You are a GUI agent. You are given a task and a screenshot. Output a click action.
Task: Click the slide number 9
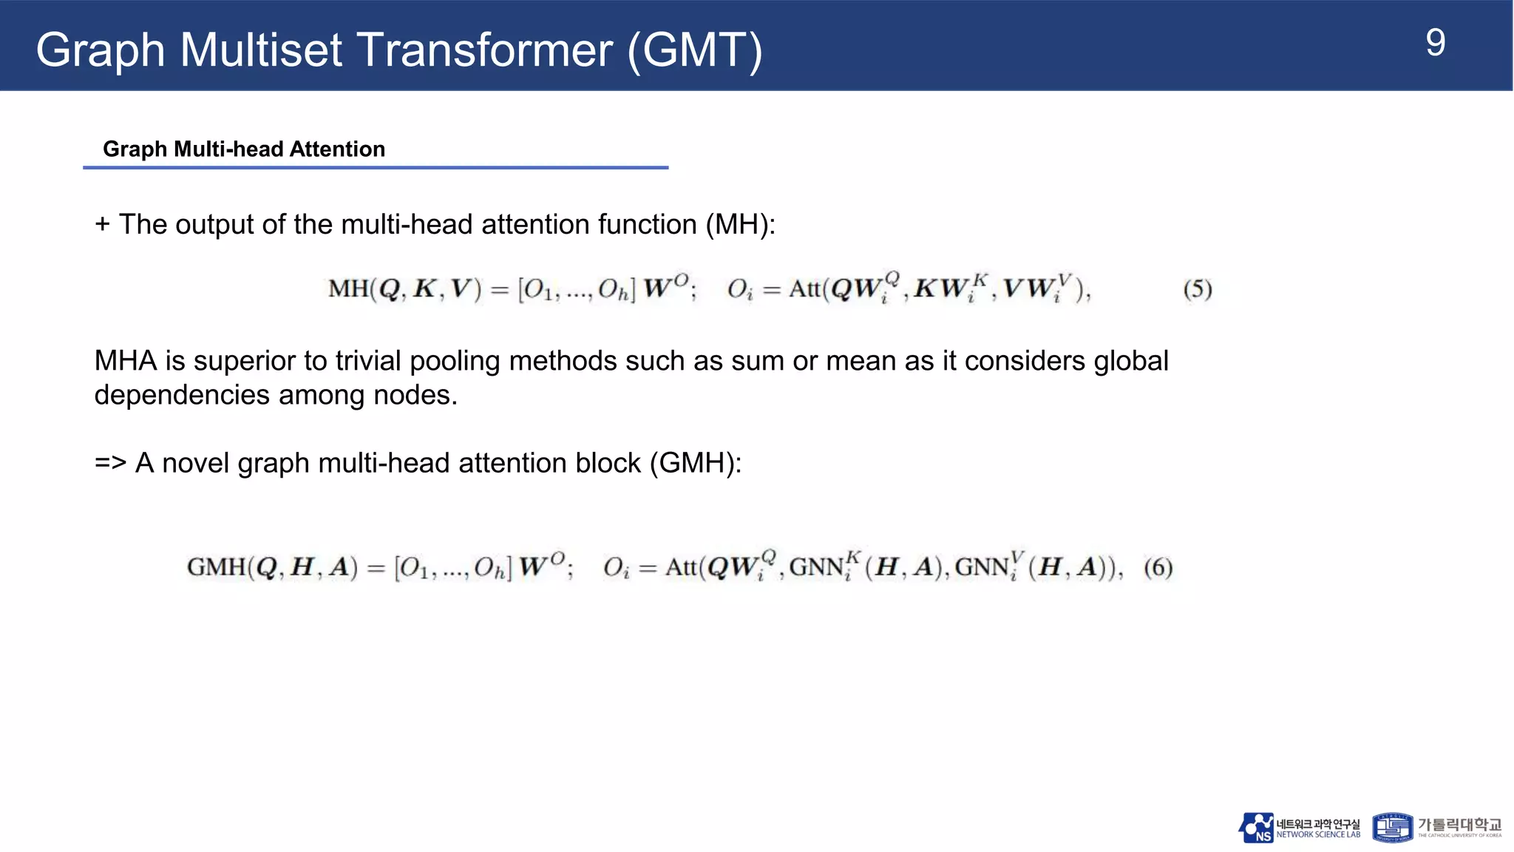[1435, 44]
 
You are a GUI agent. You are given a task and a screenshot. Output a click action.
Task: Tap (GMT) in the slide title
[694, 50]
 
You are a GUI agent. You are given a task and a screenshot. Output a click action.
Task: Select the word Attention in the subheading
[337, 149]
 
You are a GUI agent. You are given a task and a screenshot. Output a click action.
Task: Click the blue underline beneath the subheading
[376, 168]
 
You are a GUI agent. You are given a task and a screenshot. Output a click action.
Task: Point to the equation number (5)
[1198, 288]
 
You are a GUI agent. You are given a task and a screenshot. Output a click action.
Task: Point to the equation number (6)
[1158, 568]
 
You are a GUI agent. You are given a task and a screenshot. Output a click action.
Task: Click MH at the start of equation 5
[347, 288]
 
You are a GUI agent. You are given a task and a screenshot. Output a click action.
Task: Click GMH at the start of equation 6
[216, 568]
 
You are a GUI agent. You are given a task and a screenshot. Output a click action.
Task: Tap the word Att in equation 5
[804, 288]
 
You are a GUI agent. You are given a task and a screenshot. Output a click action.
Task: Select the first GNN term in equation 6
[816, 568]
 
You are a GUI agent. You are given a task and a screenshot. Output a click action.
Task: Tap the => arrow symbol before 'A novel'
[110, 464]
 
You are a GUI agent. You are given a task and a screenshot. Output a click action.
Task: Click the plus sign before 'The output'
[102, 225]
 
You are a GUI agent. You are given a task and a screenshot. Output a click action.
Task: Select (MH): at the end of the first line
[740, 225]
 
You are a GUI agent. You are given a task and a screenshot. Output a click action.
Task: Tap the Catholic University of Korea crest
[1392, 828]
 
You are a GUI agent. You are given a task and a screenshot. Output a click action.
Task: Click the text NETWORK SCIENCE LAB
[1318, 835]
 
